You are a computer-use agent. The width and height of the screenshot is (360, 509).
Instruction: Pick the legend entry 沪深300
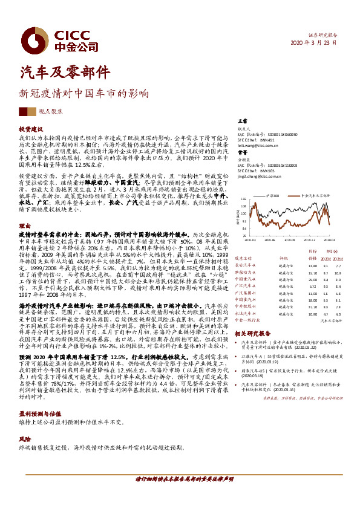pyautogui.click(x=271, y=196)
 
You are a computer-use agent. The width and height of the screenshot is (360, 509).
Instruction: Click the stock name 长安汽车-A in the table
pyautogui.click(x=245, y=265)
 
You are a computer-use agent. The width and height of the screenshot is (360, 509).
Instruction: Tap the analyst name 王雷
pyautogui.click(x=241, y=122)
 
